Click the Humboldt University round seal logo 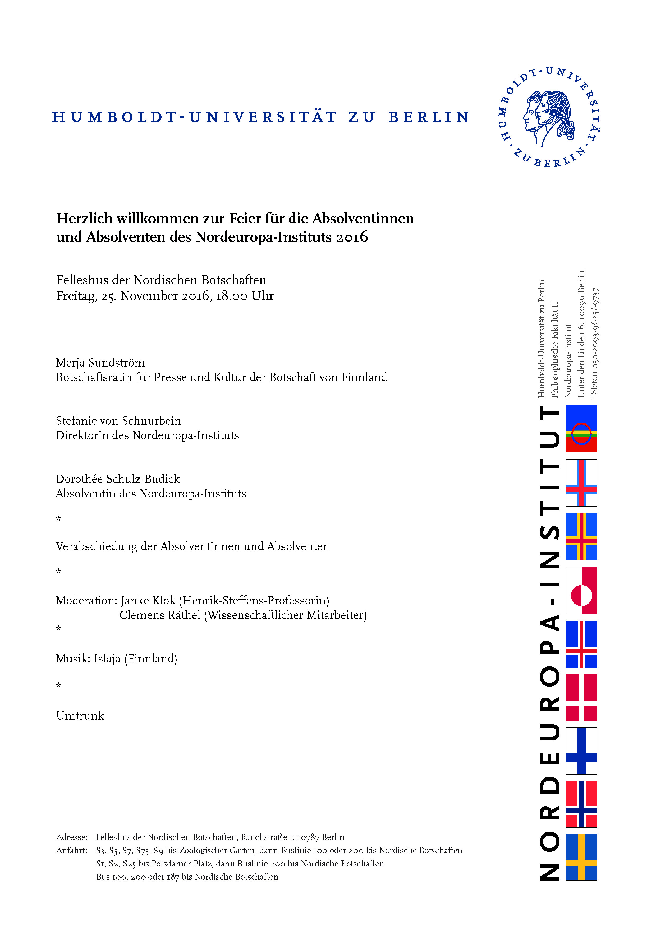click(550, 117)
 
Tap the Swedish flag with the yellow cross click(581, 858)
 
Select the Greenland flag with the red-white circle click(581, 590)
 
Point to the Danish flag click(581, 698)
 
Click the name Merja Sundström click(100, 363)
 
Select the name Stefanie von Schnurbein click(118, 421)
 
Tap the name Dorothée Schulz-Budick click(118, 479)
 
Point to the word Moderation click(86, 601)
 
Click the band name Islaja click(107, 659)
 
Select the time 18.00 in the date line click(231, 296)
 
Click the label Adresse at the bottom click(72, 837)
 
